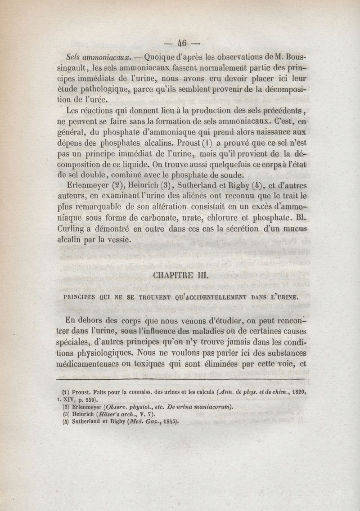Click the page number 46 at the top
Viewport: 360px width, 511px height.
pos(182,44)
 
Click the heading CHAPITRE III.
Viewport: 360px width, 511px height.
pos(181,275)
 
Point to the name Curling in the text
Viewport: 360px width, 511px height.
pos(81,229)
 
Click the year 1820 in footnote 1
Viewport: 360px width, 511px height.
pos(297,392)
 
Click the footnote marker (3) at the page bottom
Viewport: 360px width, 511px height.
pos(65,415)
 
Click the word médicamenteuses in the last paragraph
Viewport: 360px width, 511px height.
pos(93,363)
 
